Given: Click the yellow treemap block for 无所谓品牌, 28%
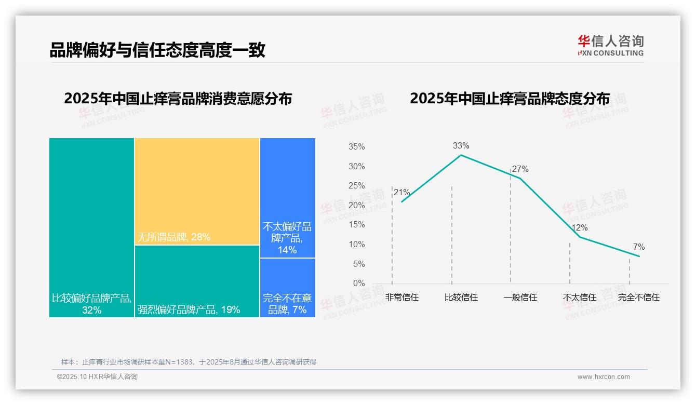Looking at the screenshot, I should click(197, 191).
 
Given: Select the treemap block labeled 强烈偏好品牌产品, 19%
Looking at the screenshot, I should click(197, 281).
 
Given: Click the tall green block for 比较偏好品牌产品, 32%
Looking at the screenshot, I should click(91, 227).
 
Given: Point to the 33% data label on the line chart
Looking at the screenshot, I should click(461, 146).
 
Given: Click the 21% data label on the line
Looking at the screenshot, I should click(401, 193).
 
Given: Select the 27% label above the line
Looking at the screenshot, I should click(520, 169).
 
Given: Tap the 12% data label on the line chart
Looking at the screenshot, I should click(579, 228).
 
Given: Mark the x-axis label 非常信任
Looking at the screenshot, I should click(401, 298).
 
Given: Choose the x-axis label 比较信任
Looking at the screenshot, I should click(461, 298).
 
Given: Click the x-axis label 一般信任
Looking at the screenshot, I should click(520, 298).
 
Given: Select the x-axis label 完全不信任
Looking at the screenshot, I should click(638, 298).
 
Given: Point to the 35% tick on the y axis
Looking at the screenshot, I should click(356, 147).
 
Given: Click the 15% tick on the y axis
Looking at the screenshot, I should click(356, 225).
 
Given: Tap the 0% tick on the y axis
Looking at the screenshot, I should click(359, 283).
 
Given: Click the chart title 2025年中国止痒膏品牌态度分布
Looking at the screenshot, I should click(510, 99).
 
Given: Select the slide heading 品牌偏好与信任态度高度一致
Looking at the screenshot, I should click(157, 50).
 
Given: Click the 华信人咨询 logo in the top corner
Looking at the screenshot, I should click(610, 45).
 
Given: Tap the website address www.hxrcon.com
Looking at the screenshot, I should click(603, 377).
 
